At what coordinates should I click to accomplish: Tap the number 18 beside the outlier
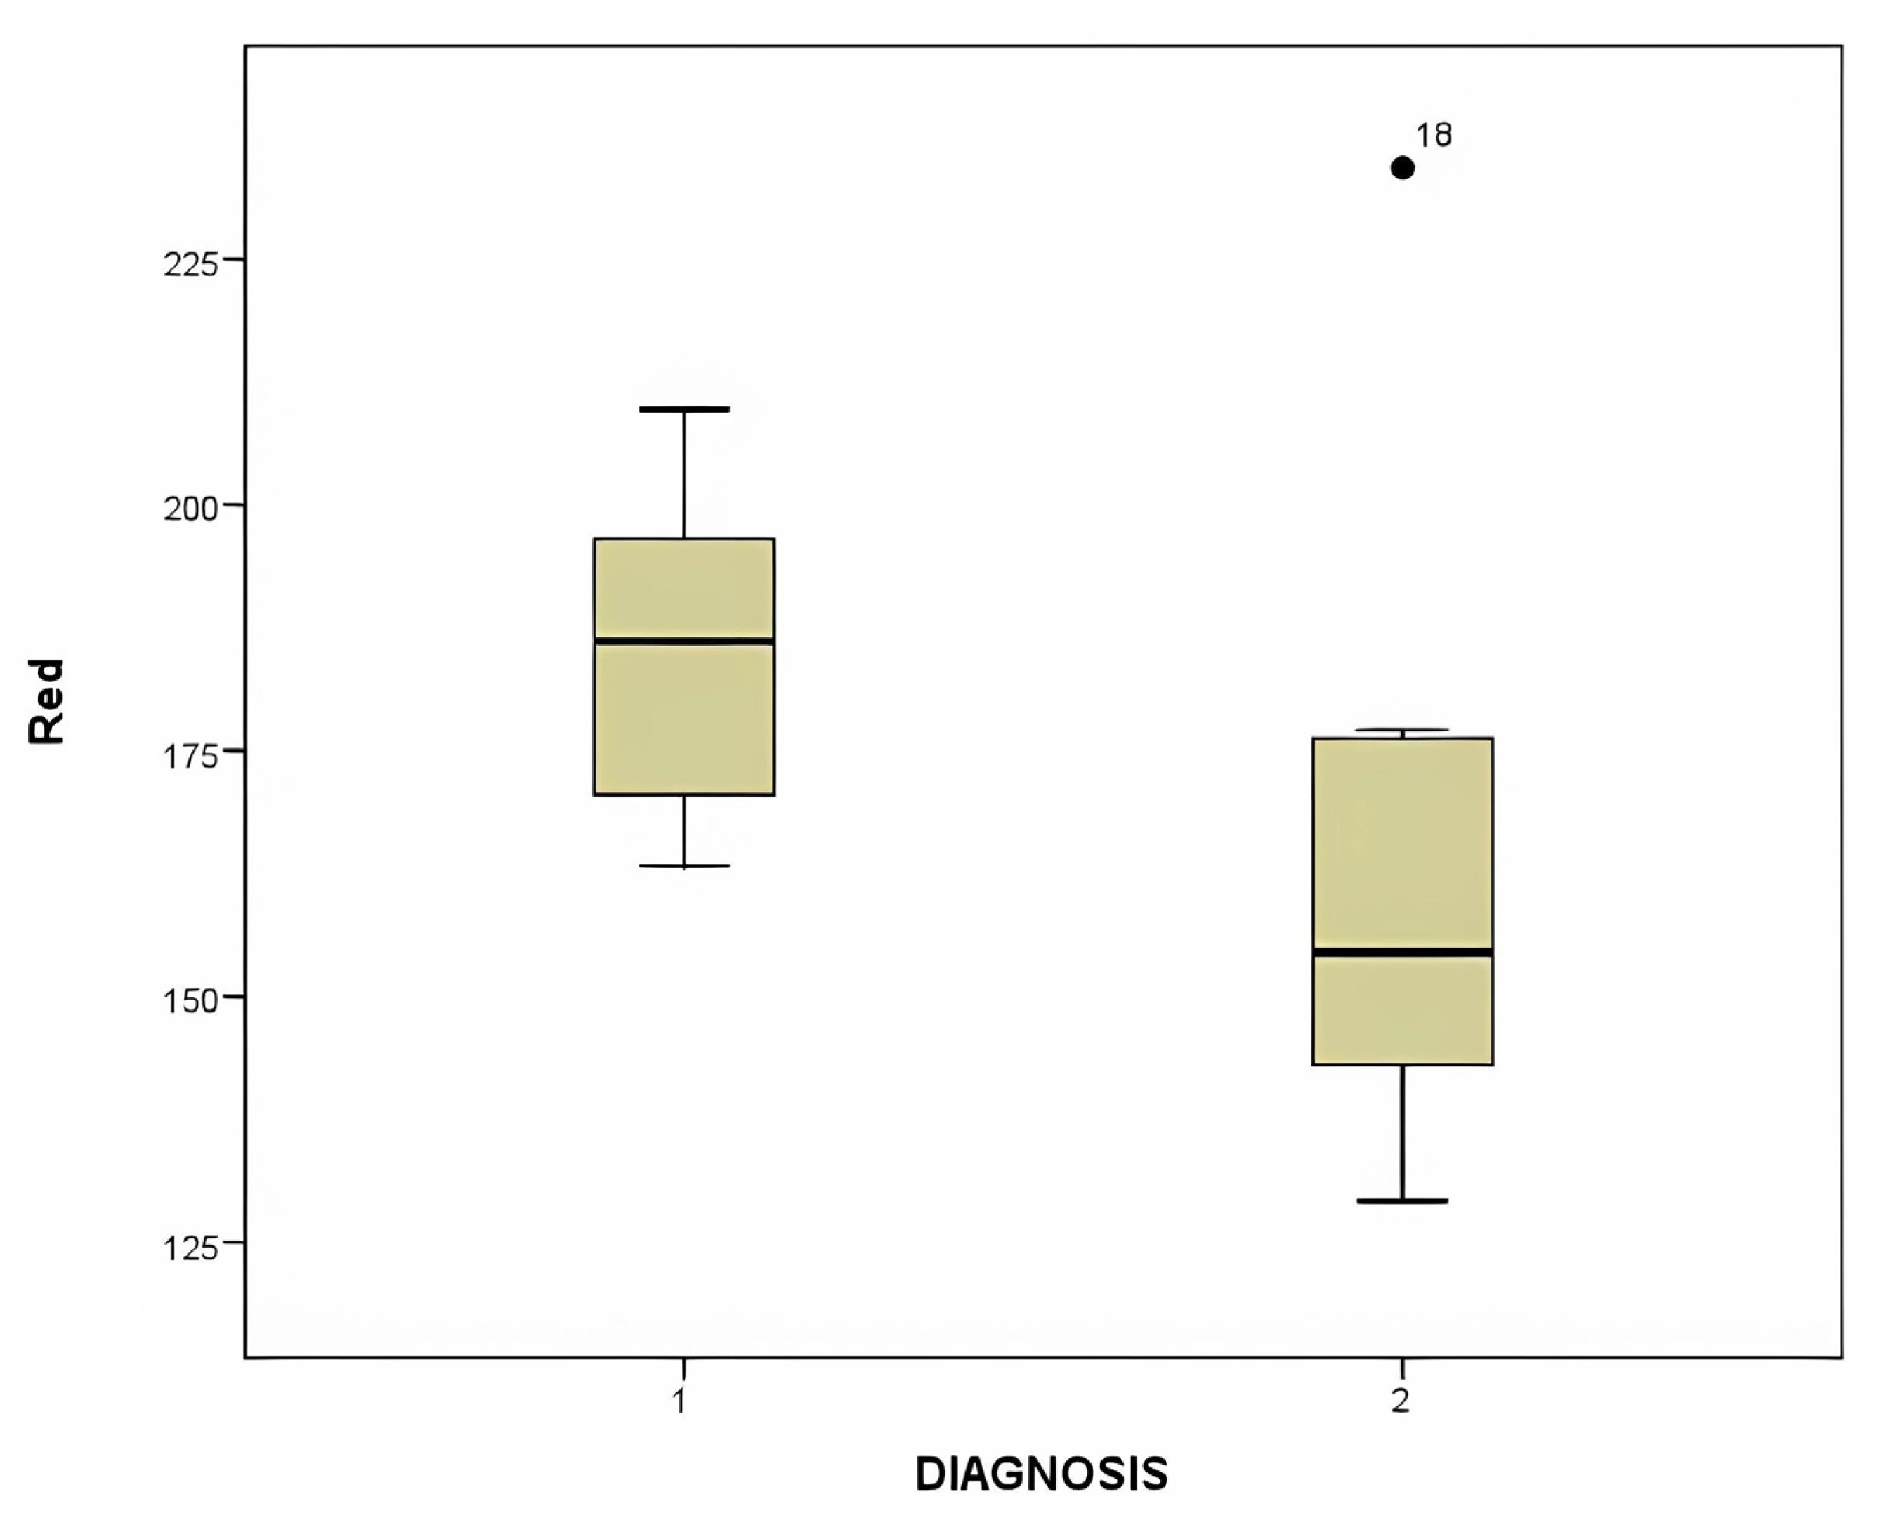[1434, 136]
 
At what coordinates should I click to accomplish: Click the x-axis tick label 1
[680, 1401]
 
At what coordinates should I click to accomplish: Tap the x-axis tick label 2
[1401, 1401]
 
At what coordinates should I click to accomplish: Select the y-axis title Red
[46, 701]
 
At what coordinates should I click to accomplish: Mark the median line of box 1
[683, 641]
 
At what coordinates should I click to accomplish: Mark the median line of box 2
[1403, 951]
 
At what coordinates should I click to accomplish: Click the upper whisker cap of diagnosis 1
[683, 408]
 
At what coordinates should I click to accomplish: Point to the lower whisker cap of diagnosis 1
[683, 865]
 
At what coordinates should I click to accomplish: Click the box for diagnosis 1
[683, 717]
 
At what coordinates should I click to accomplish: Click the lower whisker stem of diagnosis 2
[1403, 1132]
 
